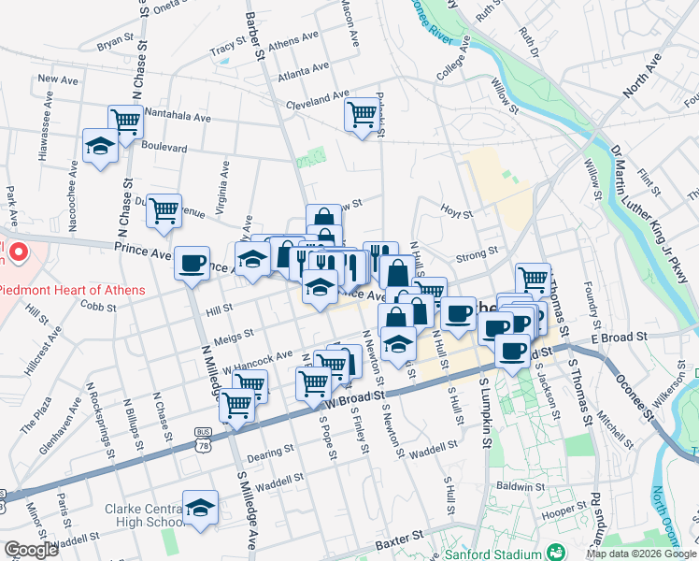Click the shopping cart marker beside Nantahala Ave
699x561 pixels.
point(125,120)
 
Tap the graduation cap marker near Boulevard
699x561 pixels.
point(100,145)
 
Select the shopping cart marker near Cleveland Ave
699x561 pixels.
point(362,114)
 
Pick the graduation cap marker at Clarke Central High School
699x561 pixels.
point(200,508)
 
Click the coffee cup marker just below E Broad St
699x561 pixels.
point(511,352)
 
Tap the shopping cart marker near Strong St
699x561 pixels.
point(533,278)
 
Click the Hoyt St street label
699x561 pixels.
point(457,213)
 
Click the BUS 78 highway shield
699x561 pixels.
point(203,433)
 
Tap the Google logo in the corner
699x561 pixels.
point(30,550)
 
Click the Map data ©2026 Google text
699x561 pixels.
point(640,554)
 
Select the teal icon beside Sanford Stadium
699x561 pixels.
point(557,551)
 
